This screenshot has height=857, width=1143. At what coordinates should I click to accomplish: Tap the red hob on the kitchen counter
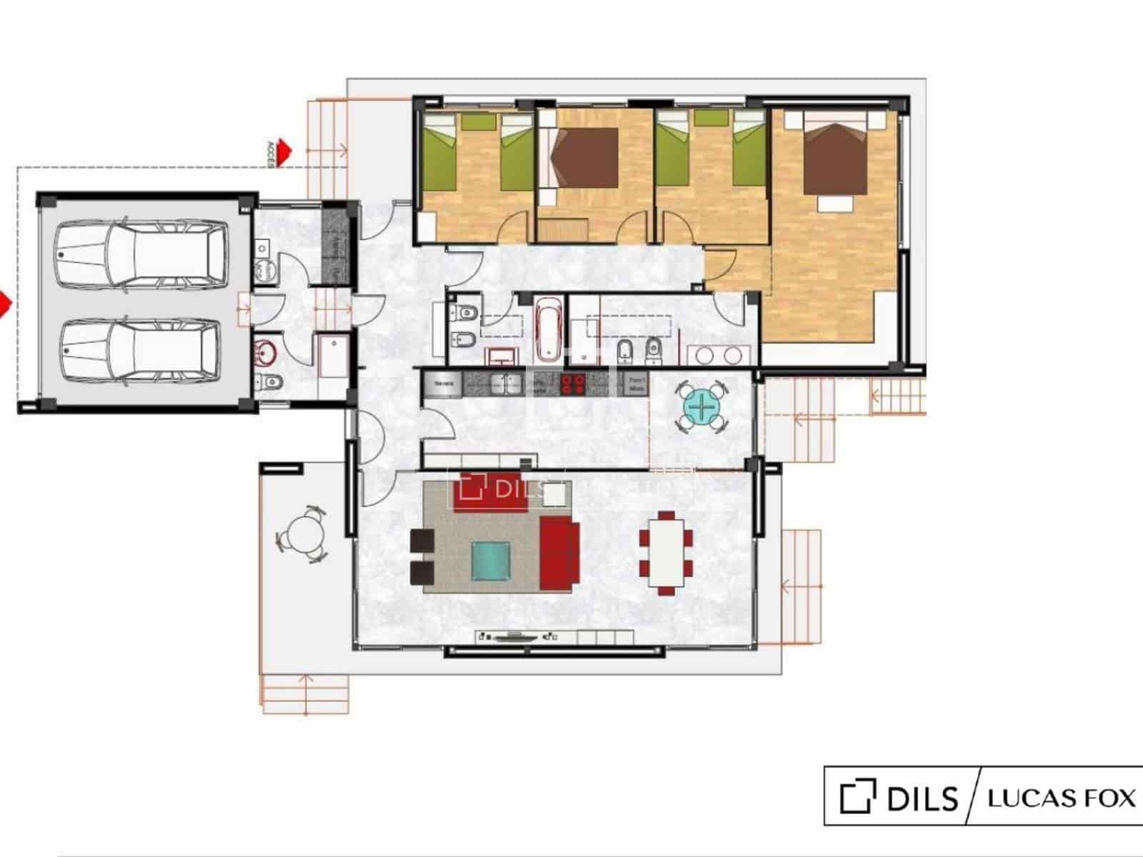point(572,384)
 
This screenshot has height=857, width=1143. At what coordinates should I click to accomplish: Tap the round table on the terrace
point(302,535)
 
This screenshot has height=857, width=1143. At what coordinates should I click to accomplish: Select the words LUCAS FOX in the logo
point(1061,798)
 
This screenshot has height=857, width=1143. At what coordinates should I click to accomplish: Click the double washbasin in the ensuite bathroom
point(719,355)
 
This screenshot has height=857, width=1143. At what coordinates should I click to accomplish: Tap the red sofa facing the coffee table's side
point(559,554)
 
